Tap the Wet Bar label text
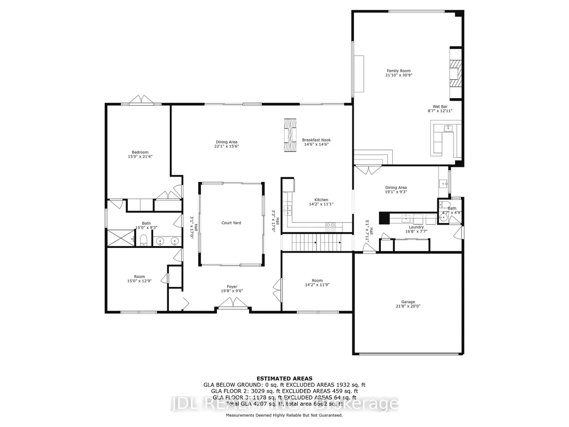(440, 106)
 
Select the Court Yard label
(231, 223)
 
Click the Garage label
(408, 302)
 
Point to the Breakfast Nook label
(316, 140)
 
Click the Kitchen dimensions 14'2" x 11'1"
(321, 204)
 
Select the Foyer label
(232, 287)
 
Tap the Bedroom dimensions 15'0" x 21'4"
(140, 156)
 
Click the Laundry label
(416, 227)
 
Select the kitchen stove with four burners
(330, 227)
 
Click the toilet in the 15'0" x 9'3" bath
(143, 240)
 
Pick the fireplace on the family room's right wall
(455, 74)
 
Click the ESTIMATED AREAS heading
(284, 378)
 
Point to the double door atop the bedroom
(141, 101)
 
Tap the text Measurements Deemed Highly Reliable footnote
(284, 415)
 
